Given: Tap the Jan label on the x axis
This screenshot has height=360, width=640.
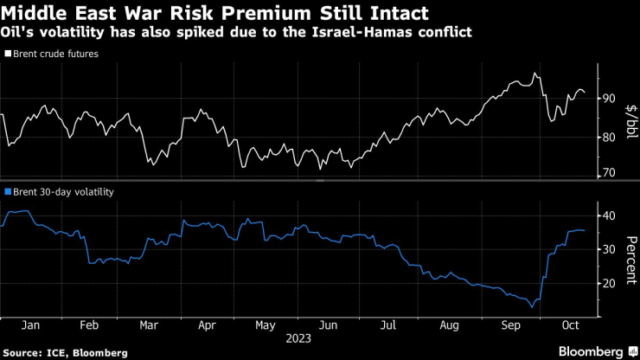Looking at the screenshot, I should [29, 325].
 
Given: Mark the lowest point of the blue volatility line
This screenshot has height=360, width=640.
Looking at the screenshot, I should [533, 307].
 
